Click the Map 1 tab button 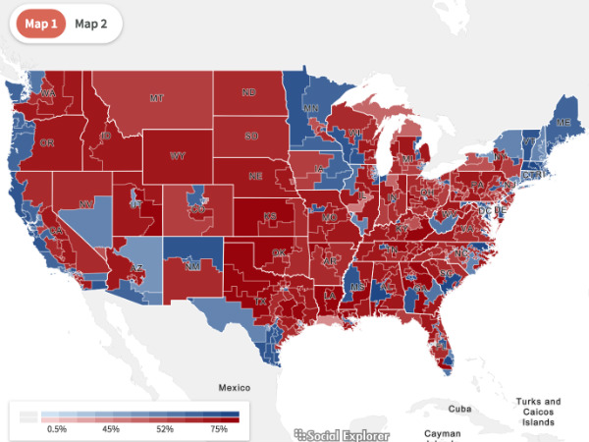pyautogui.click(x=38, y=24)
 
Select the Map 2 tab pyautogui.click(x=91, y=24)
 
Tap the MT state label pyautogui.click(x=155, y=98)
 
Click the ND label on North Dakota pyautogui.click(x=249, y=93)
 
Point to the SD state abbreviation pyautogui.click(x=251, y=135)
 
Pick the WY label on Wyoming pyautogui.click(x=178, y=155)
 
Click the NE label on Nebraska pyautogui.click(x=254, y=177)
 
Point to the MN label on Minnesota pyautogui.click(x=311, y=109)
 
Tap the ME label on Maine pyautogui.click(x=562, y=122)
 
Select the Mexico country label pyautogui.click(x=236, y=387)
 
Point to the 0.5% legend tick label pyautogui.click(x=57, y=429)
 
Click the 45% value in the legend pyautogui.click(x=110, y=429)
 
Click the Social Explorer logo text pyautogui.click(x=342, y=434)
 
